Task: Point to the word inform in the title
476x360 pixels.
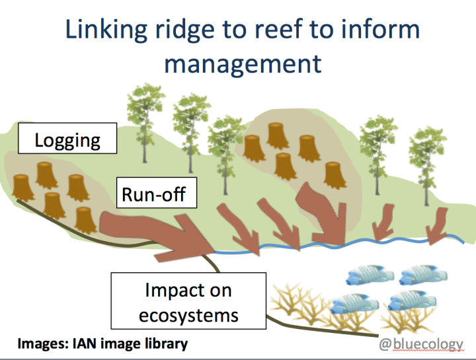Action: (x=383, y=30)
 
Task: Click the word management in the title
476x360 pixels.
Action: (x=243, y=64)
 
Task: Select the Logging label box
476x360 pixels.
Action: (x=67, y=140)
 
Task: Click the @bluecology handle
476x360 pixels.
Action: (x=422, y=344)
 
